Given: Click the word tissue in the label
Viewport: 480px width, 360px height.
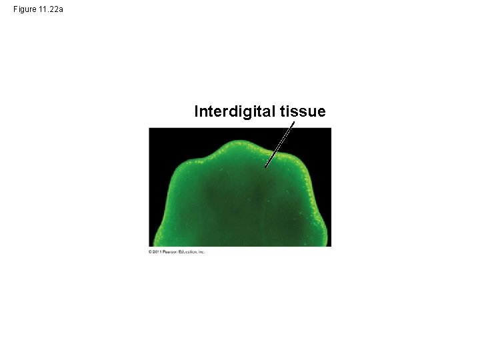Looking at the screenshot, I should pyautogui.click(x=303, y=112).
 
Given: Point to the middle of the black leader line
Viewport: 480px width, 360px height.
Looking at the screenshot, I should pyautogui.click(x=279, y=144).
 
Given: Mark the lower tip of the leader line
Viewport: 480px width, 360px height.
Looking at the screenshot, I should pyautogui.click(x=265, y=167).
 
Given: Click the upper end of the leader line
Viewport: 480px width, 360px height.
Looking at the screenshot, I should pyautogui.click(x=293, y=122).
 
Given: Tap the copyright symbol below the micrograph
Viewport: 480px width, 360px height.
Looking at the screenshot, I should pyautogui.click(x=150, y=252).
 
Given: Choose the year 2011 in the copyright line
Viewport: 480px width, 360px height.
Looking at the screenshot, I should pyautogui.click(x=156, y=252).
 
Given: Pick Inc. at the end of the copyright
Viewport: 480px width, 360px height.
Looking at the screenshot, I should pyautogui.click(x=201, y=252).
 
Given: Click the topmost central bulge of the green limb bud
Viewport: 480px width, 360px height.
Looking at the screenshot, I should pyautogui.click(x=240, y=144).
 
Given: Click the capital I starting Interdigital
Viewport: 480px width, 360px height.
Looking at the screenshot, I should pyautogui.click(x=196, y=112).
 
